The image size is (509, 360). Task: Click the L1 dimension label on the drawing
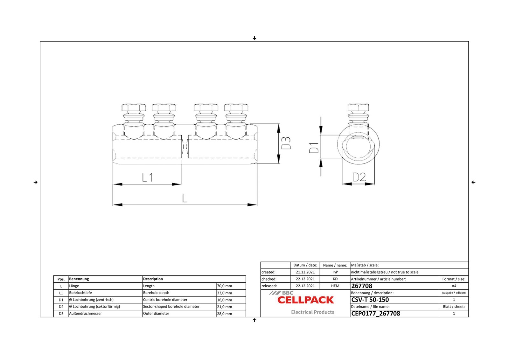pos(147,177)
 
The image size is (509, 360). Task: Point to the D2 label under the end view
pos(359,177)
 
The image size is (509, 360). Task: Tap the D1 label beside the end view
pos(314,148)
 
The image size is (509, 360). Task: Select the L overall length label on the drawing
pos(185,198)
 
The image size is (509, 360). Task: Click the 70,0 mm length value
pos(224,286)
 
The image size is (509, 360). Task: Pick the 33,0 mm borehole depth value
pos(224,293)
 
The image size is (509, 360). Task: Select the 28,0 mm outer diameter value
pos(224,314)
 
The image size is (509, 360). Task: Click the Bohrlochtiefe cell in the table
pos(80,293)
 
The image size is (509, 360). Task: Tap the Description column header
pos(153,279)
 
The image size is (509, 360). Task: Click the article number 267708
pos(362,286)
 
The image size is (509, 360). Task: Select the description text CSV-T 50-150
pos(370,300)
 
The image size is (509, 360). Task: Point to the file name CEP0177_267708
pos(375,314)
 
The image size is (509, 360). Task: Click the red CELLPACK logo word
pos(306,300)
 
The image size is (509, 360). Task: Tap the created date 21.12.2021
pos(305,272)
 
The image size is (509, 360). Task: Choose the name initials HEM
pos(335,286)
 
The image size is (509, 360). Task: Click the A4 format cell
pos(454,286)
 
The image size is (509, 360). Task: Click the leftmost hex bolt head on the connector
pos(134,107)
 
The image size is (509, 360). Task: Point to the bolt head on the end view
pos(358,107)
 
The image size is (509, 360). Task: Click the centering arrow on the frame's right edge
pos(473,182)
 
